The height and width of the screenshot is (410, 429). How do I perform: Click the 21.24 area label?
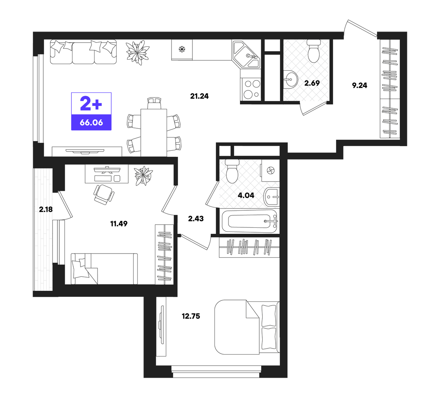pyautogui.click(x=199, y=96)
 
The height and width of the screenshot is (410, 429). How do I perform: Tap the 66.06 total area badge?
pyautogui.click(x=91, y=122)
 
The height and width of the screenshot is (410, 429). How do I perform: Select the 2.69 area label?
pyautogui.click(x=312, y=83)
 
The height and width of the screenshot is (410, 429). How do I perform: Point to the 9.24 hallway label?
pyautogui.click(x=360, y=85)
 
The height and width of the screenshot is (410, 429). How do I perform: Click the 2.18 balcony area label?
pyautogui.click(x=46, y=210)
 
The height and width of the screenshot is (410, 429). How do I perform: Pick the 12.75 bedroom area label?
pyautogui.click(x=191, y=316)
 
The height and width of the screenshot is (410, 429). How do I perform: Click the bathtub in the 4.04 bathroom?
pyautogui.click(x=249, y=221)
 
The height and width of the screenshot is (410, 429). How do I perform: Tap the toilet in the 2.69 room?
pyautogui.click(x=314, y=51)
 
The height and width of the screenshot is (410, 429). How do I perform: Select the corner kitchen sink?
pyautogui.click(x=246, y=54)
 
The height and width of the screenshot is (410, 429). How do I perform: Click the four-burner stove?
pyautogui.click(x=251, y=88)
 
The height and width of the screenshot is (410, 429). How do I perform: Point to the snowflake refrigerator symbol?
pyautogui.click(x=182, y=49)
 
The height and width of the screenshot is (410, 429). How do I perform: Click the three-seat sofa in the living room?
pyautogui.click(x=83, y=52)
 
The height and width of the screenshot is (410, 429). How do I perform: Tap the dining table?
pyautogui.click(x=154, y=132)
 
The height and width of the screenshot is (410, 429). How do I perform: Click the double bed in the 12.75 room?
pyautogui.click(x=247, y=327)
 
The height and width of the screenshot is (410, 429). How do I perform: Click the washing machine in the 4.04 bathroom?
pyautogui.click(x=270, y=171)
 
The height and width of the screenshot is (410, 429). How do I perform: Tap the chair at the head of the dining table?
pyautogui.click(x=154, y=103)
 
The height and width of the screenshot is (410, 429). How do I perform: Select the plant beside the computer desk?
pyautogui.click(x=144, y=176)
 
